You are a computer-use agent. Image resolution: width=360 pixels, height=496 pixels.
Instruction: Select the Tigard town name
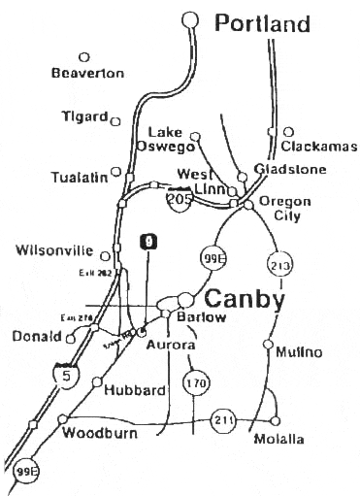pyautogui.click(x=84, y=116)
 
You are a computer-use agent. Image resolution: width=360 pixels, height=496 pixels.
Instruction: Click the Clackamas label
pyautogui.click(x=318, y=147)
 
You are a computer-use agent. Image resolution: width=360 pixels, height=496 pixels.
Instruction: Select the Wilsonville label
pyautogui.click(x=55, y=250)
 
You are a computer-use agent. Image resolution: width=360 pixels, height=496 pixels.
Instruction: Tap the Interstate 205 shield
pyautogui.click(x=179, y=198)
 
